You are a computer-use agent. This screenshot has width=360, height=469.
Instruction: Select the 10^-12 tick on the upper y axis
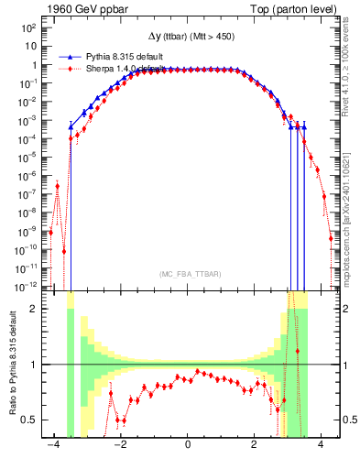click(27, 287)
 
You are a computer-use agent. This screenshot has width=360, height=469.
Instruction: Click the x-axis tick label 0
click(188, 446)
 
